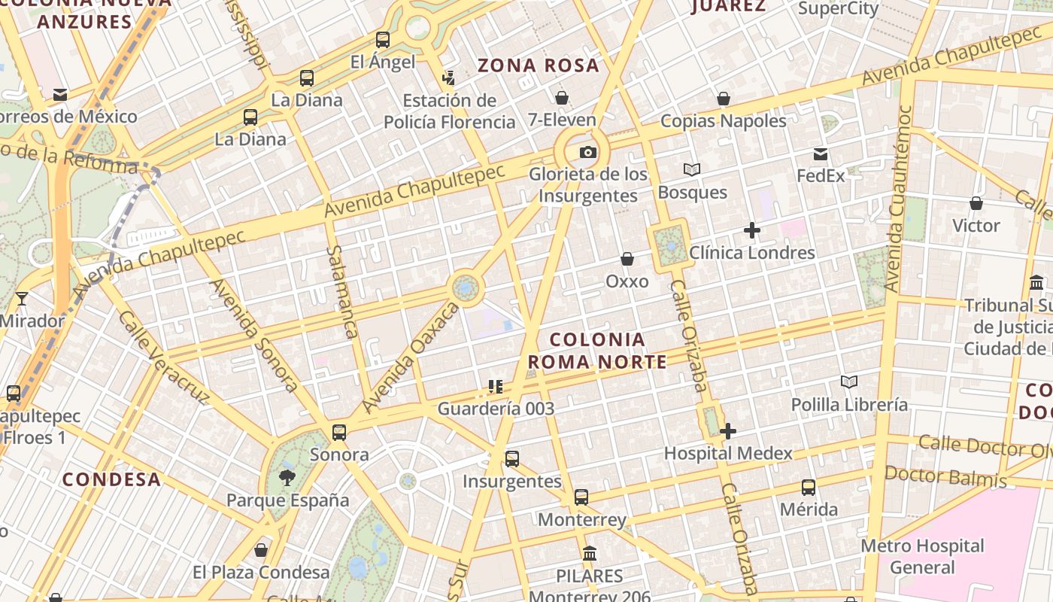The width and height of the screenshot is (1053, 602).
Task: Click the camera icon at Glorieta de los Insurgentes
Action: click(x=587, y=153)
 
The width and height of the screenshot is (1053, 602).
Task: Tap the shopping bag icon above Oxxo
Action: click(x=627, y=260)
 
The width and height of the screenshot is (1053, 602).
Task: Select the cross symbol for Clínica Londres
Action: click(x=751, y=230)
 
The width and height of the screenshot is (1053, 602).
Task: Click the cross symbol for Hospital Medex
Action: click(x=727, y=431)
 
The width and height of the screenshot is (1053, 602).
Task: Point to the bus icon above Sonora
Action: click(x=339, y=433)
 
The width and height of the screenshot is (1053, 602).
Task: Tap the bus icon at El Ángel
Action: click(x=383, y=40)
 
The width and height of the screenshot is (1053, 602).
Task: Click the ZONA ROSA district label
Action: click(x=539, y=65)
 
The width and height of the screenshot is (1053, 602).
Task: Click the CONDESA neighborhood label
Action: click(x=111, y=479)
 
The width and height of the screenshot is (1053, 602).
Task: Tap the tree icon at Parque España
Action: click(x=287, y=476)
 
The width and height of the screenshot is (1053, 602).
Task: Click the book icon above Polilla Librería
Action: click(x=849, y=382)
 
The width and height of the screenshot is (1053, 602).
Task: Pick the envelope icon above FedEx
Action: click(x=821, y=154)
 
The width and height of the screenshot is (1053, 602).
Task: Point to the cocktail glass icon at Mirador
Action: click(x=22, y=299)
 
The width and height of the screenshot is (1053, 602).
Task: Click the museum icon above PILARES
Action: click(x=590, y=553)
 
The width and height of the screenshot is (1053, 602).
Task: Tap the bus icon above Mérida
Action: click(x=809, y=487)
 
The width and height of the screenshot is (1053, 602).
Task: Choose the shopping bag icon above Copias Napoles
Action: click(x=724, y=99)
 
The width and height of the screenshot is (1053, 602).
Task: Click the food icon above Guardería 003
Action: click(x=495, y=387)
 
